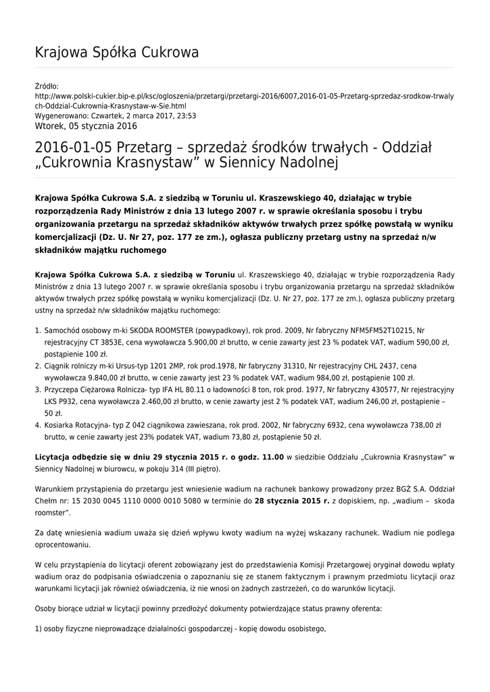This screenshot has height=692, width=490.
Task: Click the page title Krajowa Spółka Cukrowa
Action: (116, 52)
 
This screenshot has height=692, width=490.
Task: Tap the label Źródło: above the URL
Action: (47, 86)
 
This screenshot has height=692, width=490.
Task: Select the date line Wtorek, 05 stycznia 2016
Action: (85, 126)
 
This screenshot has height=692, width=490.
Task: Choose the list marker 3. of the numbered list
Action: (37, 390)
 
